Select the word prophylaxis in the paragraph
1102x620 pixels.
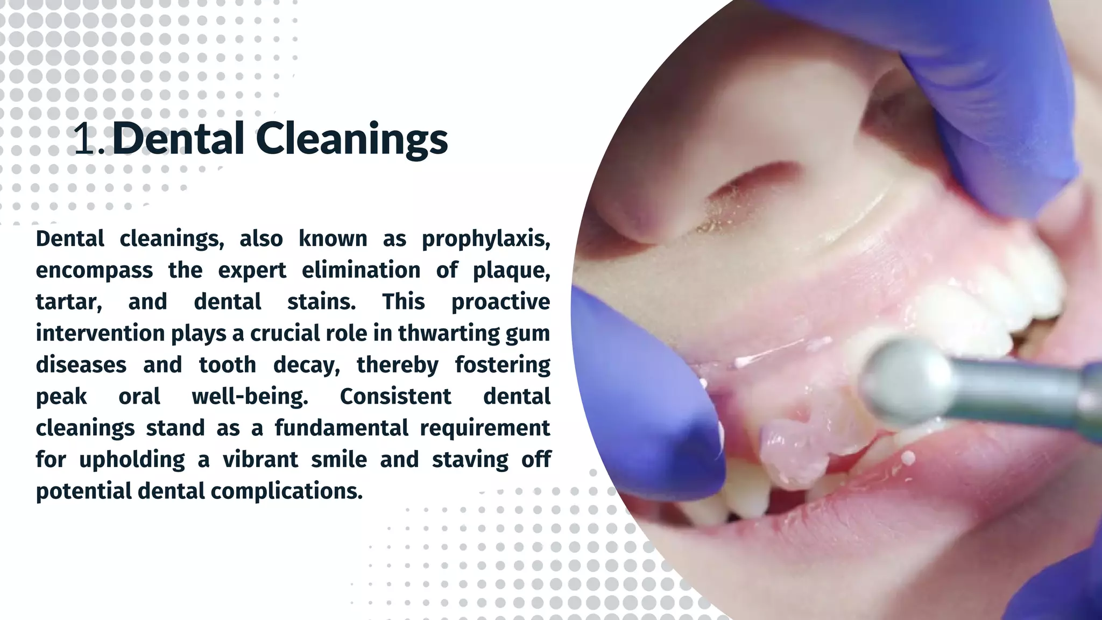tap(486, 239)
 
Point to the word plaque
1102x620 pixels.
tap(511, 270)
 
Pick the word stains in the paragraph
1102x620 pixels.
tap(321, 302)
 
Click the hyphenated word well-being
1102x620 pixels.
tap(250, 397)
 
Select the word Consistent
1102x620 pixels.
tap(395, 397)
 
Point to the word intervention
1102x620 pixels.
tap(100, 334)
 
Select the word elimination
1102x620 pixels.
tap(361, 270)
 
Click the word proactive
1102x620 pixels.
tap(500, 302)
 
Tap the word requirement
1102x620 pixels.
tap(485, 428)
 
